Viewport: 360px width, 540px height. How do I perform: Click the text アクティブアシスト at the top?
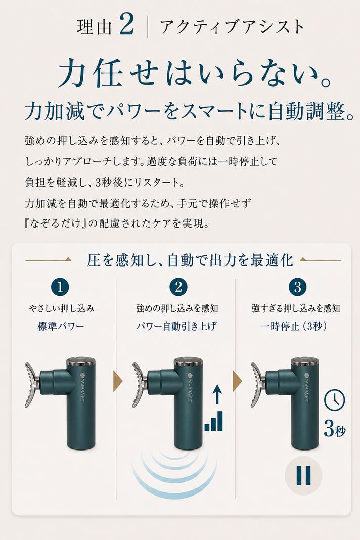232,27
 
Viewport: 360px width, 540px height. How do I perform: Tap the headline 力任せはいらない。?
195,73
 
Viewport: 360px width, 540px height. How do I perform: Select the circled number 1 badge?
60,287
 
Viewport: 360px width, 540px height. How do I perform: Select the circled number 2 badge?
178,287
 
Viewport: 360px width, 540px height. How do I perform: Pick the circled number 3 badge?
297,287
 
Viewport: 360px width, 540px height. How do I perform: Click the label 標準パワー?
61,326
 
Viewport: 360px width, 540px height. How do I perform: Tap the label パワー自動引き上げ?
176,326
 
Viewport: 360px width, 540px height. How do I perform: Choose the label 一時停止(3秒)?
293,326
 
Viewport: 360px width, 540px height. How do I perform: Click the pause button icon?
303,476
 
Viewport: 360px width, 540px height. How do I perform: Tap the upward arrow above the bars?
216,394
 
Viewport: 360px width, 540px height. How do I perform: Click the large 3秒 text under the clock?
335,429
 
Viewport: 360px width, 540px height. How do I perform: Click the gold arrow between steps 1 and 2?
117,381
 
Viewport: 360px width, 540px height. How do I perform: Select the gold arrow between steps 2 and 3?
237,381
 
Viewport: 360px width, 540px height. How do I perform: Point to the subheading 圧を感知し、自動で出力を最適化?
190,261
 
